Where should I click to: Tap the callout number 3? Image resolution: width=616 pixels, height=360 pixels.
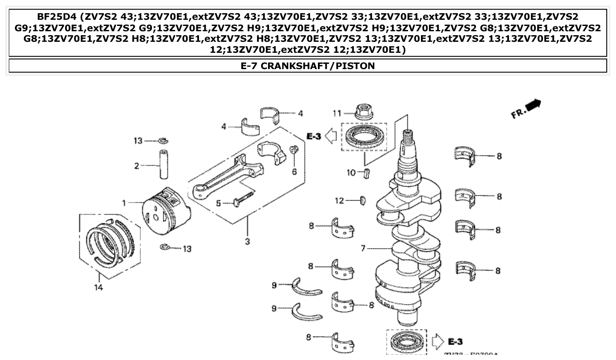coord(247,241)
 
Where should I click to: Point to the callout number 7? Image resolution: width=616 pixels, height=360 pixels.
coord(363,249)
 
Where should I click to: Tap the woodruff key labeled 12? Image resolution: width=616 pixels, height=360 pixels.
coord(363,201)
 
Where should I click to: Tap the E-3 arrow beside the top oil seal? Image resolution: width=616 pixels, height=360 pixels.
coord(331,136)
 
